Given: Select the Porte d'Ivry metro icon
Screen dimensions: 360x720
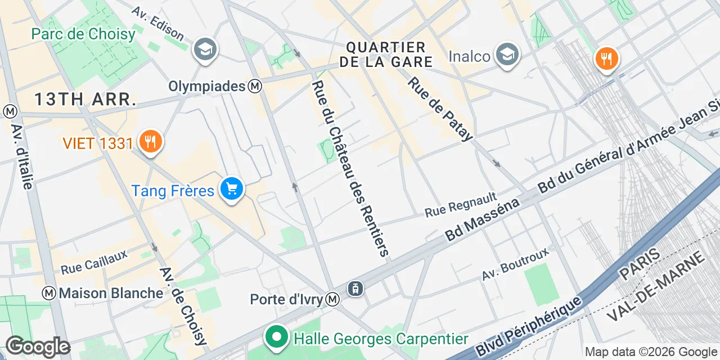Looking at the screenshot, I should point(334,299).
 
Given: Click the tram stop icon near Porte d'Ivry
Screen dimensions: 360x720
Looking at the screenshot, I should point(355,289).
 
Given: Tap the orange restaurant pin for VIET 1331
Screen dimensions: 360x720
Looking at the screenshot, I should point(150,141).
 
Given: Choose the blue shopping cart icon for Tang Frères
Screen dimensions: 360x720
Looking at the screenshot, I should point(231,189).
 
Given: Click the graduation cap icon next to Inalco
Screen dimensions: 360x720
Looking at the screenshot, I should point(507,55).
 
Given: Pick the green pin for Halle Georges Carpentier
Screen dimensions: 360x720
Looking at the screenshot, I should point(276,337).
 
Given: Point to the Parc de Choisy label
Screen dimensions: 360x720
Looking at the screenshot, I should point(83,34).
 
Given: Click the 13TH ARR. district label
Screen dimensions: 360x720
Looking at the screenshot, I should point(85,100).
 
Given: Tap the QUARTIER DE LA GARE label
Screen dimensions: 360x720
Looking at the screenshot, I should point(386,55).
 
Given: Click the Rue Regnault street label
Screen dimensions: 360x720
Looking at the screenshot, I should point(461,205).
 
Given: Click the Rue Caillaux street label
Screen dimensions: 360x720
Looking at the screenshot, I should point(94,262).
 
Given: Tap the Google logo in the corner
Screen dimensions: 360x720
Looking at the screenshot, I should point(37,346).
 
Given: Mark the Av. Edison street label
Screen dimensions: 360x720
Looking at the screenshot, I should point(157,24).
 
